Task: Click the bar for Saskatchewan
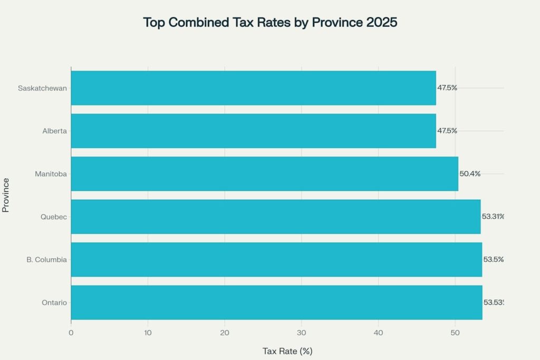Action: point(253,88)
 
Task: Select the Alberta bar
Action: point(253,131)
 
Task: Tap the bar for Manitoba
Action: point(264,173)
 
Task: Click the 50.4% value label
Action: point(470,173)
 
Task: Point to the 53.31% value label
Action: point(493,217)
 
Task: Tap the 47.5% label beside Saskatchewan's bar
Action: point(447,88)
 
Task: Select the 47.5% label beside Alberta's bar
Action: point(447,131)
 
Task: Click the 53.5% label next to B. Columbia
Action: point(494,259)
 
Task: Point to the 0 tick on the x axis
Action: point(71,333)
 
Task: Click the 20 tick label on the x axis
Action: point(225,333)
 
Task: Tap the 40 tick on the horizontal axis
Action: point(378,333)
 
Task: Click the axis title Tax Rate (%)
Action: point(287,351)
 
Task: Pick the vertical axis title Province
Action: point(6,195)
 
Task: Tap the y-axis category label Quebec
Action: point(54,217)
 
